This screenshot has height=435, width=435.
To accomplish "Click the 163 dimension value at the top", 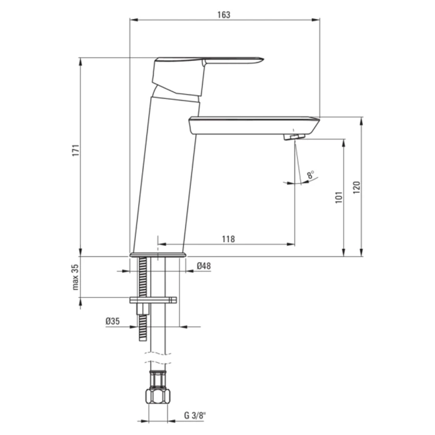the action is (223, 15).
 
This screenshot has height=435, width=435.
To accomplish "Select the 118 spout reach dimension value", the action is (228, 239).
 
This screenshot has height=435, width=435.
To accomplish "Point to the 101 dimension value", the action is (339, 198).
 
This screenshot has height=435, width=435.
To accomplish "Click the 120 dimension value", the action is (356, 188).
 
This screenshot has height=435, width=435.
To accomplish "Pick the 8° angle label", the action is (310, 175).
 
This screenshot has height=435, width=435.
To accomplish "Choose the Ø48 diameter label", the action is (203, 266).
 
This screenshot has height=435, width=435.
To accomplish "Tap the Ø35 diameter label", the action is (113, 322).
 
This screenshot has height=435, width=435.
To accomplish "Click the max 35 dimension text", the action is (75, 277).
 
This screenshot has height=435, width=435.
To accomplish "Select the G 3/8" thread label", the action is (195, 416).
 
